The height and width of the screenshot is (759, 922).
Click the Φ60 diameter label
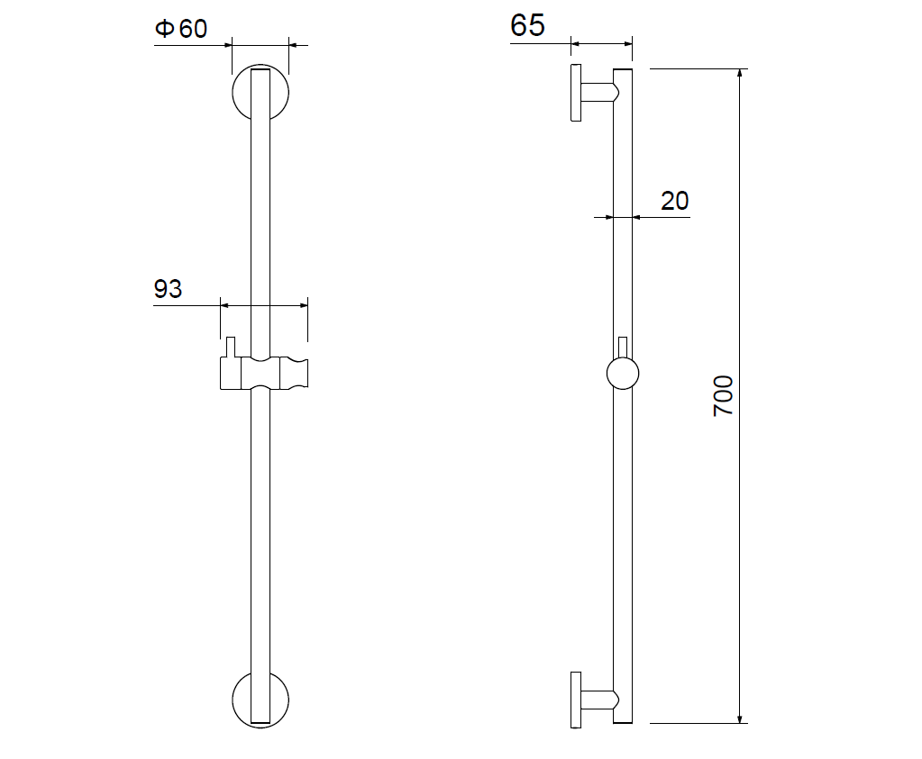(x=181, y=28)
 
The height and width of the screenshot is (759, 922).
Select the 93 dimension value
(x=169, y=288)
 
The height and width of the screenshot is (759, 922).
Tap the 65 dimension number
(x=527, y=25)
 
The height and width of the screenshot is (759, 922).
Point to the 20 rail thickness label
(x=674, y=201)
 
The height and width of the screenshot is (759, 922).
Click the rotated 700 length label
(x=723, y=396)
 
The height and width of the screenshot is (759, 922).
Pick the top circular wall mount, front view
(x=233, y=92)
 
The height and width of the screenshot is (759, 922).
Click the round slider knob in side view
(x=623, y=373)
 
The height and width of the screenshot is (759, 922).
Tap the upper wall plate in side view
(x=576, y=93)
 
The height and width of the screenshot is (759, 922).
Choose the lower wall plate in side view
(x=576, y=700)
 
